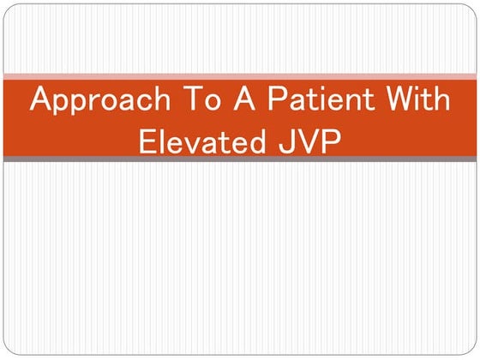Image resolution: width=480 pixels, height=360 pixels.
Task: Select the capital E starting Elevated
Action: [147, 141]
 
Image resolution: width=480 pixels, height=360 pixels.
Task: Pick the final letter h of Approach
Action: [157, 100]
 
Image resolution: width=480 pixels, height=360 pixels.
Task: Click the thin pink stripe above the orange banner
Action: [240, 76]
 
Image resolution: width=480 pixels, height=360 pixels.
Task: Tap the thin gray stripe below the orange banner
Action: [240, 159]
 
